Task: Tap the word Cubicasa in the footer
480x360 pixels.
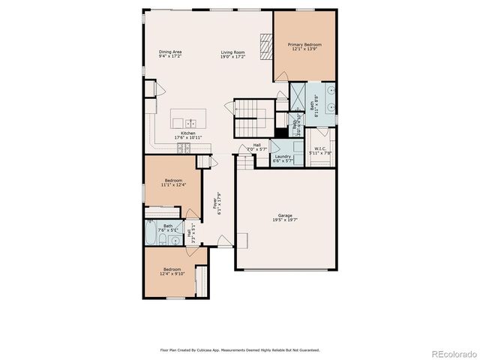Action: click(x=214, y=349)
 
